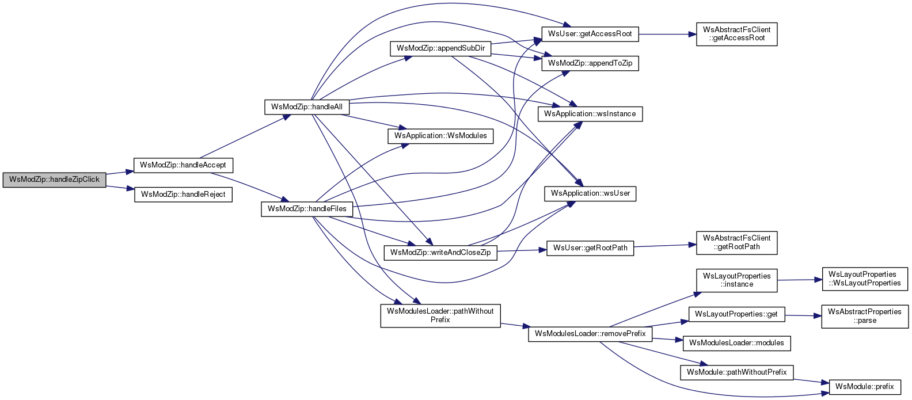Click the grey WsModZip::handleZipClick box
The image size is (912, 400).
point(54,180)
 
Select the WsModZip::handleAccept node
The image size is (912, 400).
point(183,165)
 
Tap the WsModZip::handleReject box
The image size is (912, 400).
point(183,195)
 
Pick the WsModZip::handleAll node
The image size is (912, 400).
point(306,107)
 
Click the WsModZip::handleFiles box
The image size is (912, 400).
point(306,209)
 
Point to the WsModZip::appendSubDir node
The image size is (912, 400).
point(440,48)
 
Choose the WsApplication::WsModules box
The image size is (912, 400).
point(440,136)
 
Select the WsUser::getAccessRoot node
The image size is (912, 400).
point(590,34)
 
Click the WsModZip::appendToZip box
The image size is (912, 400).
point(590,63)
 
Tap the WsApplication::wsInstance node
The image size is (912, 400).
point(590,114)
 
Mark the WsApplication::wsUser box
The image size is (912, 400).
point(590,193)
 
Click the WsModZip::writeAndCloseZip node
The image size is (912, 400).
point(440,253)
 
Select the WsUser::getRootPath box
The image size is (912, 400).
point(590,248)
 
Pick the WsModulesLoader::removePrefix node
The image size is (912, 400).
point(590,334)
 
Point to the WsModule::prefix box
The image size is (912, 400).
point(864,387)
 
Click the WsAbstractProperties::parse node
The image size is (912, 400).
point(865,316)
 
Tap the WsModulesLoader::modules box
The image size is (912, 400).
point(736,343)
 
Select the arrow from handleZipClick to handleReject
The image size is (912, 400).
point(120,188)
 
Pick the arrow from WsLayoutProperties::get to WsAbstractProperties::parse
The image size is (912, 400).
point(803,315)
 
